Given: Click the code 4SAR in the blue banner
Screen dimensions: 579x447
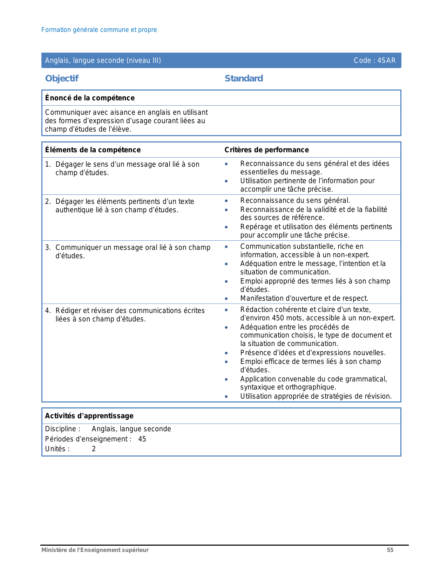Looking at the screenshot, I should coord(386,60).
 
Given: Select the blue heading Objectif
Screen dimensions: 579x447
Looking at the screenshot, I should coord(62,78).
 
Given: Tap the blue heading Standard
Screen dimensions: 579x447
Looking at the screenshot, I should coord(244,78).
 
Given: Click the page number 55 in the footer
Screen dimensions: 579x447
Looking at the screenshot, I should coord(390,550).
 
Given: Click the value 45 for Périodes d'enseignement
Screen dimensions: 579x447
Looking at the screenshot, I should coord(142,439).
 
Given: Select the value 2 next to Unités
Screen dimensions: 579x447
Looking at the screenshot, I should coord(94,449).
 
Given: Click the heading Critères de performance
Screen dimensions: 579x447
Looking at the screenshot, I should coord(266,150).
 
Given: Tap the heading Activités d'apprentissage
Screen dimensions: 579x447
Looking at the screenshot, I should coord(89,416).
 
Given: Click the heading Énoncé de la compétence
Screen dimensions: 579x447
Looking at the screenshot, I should coord(90,98).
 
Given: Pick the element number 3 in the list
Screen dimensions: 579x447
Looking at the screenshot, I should coord(48,247).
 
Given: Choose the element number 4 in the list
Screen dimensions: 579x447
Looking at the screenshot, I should coord(48,311).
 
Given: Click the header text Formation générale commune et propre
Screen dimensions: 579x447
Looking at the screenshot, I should coord(99,30).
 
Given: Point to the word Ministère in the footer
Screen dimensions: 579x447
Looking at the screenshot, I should coord(52,550).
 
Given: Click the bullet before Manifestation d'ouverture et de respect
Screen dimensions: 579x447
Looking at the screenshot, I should coord(226,299).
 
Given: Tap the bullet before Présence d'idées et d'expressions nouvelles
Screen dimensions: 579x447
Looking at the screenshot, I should coord(226,353).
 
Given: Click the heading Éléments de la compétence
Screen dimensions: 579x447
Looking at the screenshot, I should coord(93,150).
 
